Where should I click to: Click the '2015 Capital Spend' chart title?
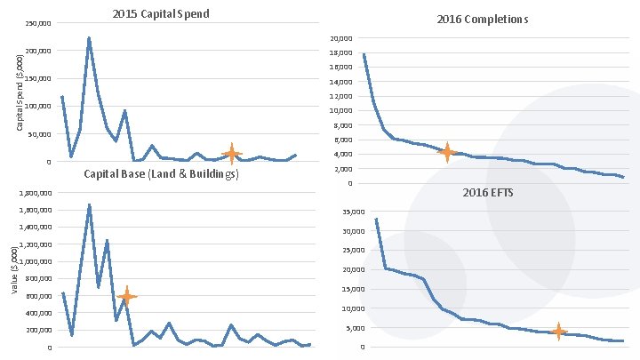pos(161,14)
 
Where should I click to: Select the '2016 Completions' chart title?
pos(482,19)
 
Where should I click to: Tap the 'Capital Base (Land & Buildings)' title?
pos(161,174)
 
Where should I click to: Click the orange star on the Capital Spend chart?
pos(231,154)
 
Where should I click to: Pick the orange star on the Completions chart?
pos(447,152)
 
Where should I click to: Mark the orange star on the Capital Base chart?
pos(127,297)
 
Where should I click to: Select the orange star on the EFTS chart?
pos(558,332)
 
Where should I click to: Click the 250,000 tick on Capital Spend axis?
pos(37,23)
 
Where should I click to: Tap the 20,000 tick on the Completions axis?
pos(341,38)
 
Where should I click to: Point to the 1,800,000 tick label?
pos(33,193)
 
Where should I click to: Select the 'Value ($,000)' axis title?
pos(13,270)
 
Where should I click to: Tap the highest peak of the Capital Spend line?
pos(89,38)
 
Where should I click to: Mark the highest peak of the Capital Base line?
pos(89,204)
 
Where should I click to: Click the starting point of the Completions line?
pos(364,54)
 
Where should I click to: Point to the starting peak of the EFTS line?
pos(376,219)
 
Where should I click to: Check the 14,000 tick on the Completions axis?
pos(341,82)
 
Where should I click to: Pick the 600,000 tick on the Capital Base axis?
pos(38,296)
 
